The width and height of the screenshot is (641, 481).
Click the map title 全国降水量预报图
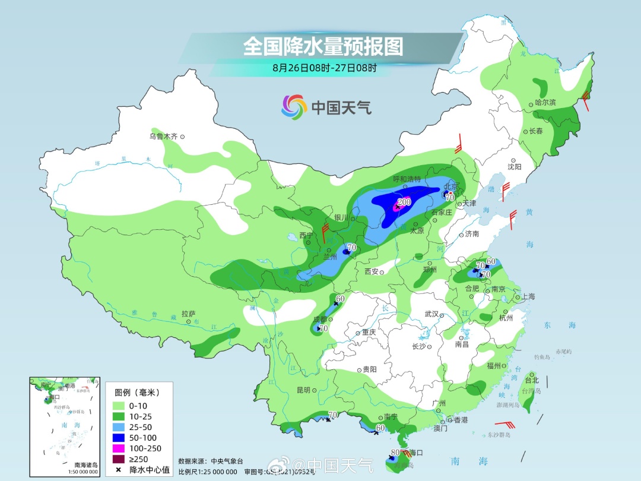[x=323, y=46]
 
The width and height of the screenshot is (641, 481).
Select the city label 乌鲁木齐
[x=163, y=137]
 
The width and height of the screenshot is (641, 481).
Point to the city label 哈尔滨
[x=545, y=103]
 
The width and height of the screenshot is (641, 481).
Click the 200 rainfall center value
[x=404, y=202]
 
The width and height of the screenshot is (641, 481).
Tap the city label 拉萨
[x=188, y=314]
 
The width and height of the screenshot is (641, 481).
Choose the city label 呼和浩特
[x=407, y=179]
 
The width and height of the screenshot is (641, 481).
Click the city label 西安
[x=372, y=272]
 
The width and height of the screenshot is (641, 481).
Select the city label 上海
[x=528, y=297]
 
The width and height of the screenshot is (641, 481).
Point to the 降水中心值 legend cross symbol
[x=119, y=470]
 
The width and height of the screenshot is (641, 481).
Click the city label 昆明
[x=303, y=390]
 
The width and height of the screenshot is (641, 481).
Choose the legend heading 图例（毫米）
[x=137, y=393]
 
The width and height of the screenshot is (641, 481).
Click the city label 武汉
[x=431, y=314]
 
